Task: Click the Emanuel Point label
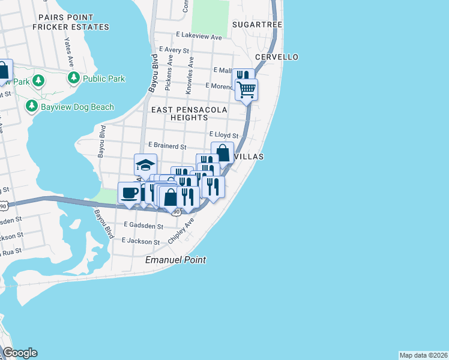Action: [x=176, y=260]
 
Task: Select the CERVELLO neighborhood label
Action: [x=277, y=57]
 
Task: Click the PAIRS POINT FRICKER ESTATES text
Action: [x=71, y=23]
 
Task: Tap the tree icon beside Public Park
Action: [x=74, y=78]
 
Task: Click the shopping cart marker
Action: [x=247, y=90]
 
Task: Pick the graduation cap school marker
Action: [x=145, y=164]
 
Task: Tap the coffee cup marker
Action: [x=130, y=193]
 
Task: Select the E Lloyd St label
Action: [x=224, y=136]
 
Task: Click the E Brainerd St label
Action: [x=167, y=146]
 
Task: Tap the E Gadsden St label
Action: [x=143, y=226]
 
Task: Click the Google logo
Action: [x=20, y=353]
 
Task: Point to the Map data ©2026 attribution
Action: [x=423, y=355]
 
